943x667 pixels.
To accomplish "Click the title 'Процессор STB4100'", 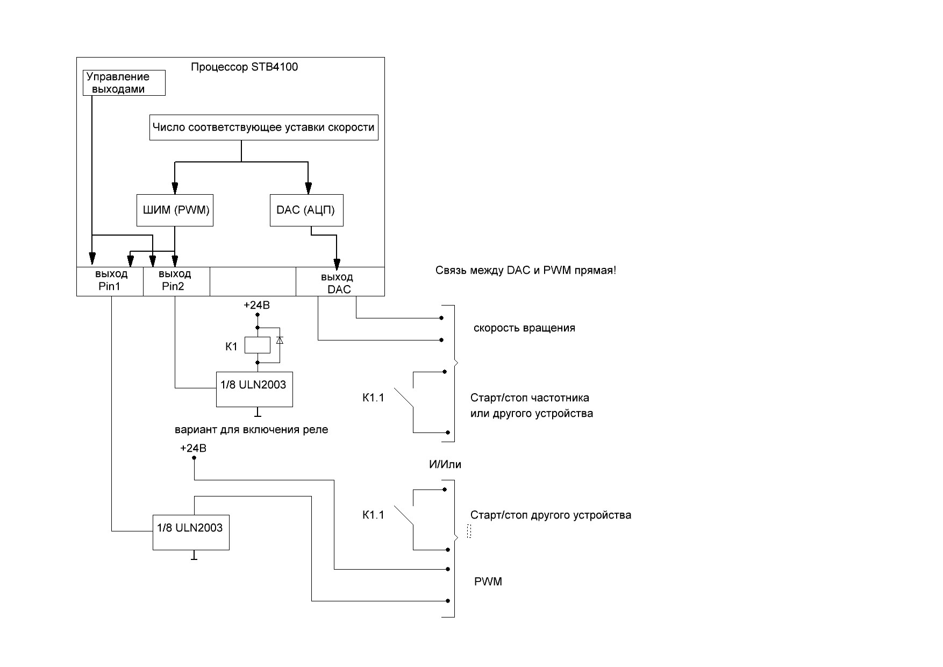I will coord(244,67).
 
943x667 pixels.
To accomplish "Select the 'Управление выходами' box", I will coord(124,83).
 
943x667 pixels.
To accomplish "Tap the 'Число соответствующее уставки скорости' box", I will coord(263,127).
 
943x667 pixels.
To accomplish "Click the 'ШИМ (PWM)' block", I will coord(175,210).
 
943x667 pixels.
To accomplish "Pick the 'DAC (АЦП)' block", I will coord(306,210).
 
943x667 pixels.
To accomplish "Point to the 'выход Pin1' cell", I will coord(110,281).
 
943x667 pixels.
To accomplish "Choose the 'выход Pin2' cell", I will coord(176,281).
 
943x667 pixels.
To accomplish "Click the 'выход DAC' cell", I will coord(340,282).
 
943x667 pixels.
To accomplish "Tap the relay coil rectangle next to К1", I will coord(258,345).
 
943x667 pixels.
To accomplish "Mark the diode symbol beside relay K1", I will coord(279,340).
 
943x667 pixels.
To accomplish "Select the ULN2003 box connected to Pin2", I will coord(254,389).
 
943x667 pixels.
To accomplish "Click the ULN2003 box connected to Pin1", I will coord(191,533).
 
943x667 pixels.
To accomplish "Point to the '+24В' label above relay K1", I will coord(256,306).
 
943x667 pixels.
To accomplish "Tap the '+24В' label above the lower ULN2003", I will coord(193,449).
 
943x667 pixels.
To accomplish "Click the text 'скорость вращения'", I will coord(524,328).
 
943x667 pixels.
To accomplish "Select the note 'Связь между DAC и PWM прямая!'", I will coord(526,271).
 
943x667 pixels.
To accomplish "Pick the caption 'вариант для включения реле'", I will coord(251,430).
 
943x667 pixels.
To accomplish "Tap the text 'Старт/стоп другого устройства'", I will coord(551,515).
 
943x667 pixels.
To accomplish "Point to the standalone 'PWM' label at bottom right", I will coord(488,582).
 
